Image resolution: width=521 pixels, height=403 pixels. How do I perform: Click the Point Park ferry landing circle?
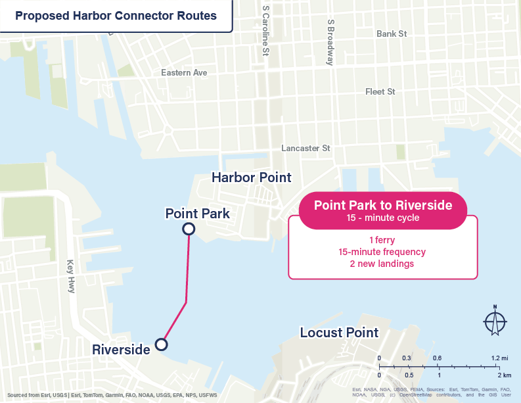(189, 229)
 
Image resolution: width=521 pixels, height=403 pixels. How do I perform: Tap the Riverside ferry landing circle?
(161, 344)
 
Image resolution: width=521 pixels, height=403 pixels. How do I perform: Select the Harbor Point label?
(251, 178)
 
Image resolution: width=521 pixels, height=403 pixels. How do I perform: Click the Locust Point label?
(339, 333)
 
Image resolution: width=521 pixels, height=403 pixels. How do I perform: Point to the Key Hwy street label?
(71, 275)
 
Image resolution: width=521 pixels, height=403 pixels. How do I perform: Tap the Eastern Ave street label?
(184, 72)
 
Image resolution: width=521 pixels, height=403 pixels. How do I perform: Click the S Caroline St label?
(265, 32)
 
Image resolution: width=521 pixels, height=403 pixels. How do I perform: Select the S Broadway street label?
(330, 41)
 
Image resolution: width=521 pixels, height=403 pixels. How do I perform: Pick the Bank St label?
(392, 34)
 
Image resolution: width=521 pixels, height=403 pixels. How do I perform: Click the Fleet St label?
(380, 91)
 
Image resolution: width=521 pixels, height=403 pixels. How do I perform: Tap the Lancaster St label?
(306, 149)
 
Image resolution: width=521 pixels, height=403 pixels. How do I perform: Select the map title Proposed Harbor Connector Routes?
(116, 16)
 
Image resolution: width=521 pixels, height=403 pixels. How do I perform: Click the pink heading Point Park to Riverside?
(383, 205)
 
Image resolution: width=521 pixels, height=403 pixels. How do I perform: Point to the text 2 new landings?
(382, 264)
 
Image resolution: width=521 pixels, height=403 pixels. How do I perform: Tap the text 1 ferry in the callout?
(382, 239)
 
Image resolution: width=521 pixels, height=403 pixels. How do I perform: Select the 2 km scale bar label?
(504, 375)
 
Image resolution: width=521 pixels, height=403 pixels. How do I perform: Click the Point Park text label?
(197, 214)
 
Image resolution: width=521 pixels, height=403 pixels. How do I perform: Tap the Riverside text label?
(122, 349)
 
